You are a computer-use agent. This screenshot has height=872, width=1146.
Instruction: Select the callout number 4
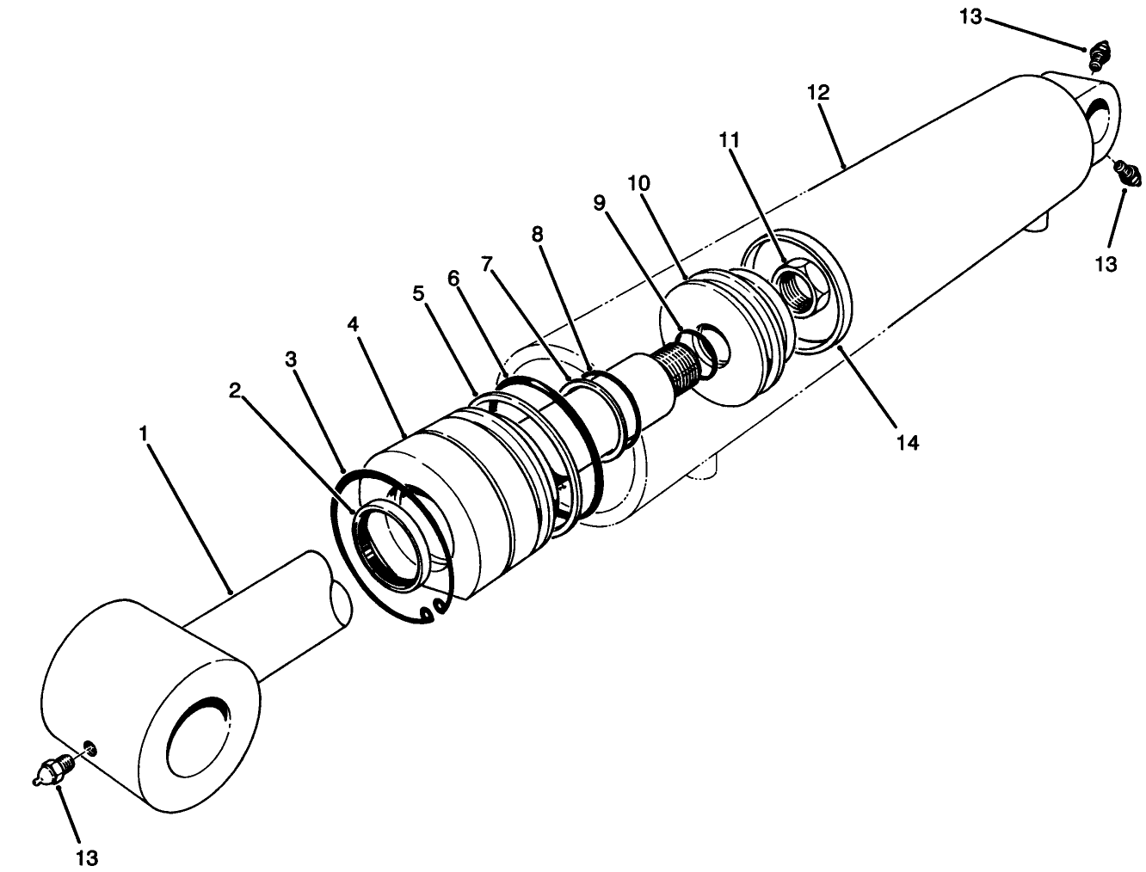pos(353,324)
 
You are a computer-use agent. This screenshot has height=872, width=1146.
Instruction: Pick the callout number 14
pos(908,443)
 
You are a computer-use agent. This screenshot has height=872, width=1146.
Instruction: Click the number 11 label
pos(730,138)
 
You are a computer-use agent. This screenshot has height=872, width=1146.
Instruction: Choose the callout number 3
pos(292,359)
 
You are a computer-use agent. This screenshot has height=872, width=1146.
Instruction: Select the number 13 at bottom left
pos(88,857)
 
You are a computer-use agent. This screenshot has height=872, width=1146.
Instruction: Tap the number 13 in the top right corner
pos(970,16)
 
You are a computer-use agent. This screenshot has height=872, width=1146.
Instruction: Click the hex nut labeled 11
pos(796,290)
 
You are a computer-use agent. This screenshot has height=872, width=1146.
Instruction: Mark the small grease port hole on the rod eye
pos(90,747)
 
